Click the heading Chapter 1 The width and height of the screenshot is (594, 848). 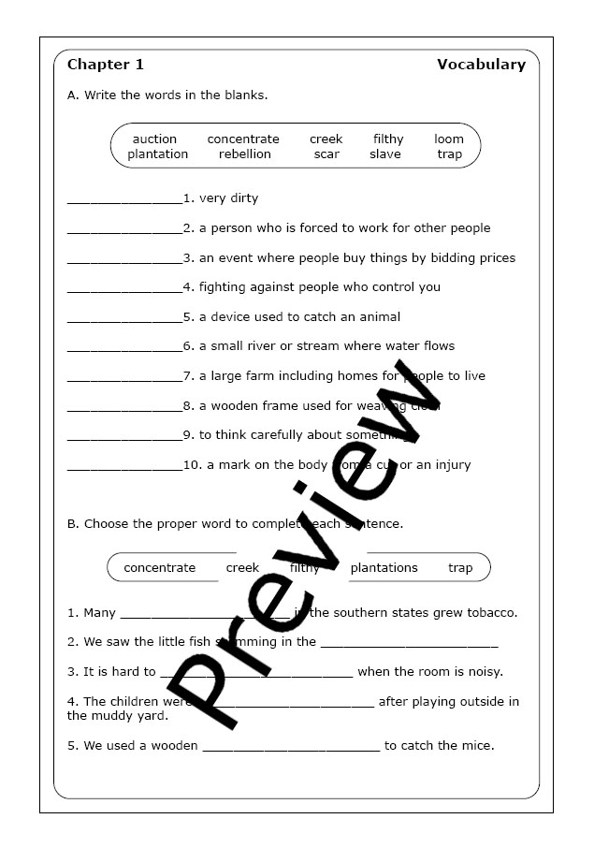106,65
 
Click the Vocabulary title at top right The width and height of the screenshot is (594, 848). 481,65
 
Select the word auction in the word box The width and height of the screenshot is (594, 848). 154,139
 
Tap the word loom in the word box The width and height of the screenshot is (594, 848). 449,139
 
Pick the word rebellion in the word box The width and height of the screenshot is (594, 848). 245,154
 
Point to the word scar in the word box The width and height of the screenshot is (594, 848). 326,154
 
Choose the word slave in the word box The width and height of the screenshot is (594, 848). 384,154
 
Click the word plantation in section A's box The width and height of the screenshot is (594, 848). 158,154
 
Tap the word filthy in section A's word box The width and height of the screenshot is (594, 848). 388,139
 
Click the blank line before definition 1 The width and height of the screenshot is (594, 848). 124,200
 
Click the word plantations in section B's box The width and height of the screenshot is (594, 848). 384,567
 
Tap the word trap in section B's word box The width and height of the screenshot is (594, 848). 460,567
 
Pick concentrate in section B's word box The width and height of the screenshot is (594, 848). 160,567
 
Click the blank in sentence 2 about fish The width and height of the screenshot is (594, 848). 409,644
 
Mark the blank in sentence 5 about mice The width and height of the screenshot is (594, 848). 291,748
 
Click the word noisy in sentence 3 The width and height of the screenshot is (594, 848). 484,671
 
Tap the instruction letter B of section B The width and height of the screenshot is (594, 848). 72,524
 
